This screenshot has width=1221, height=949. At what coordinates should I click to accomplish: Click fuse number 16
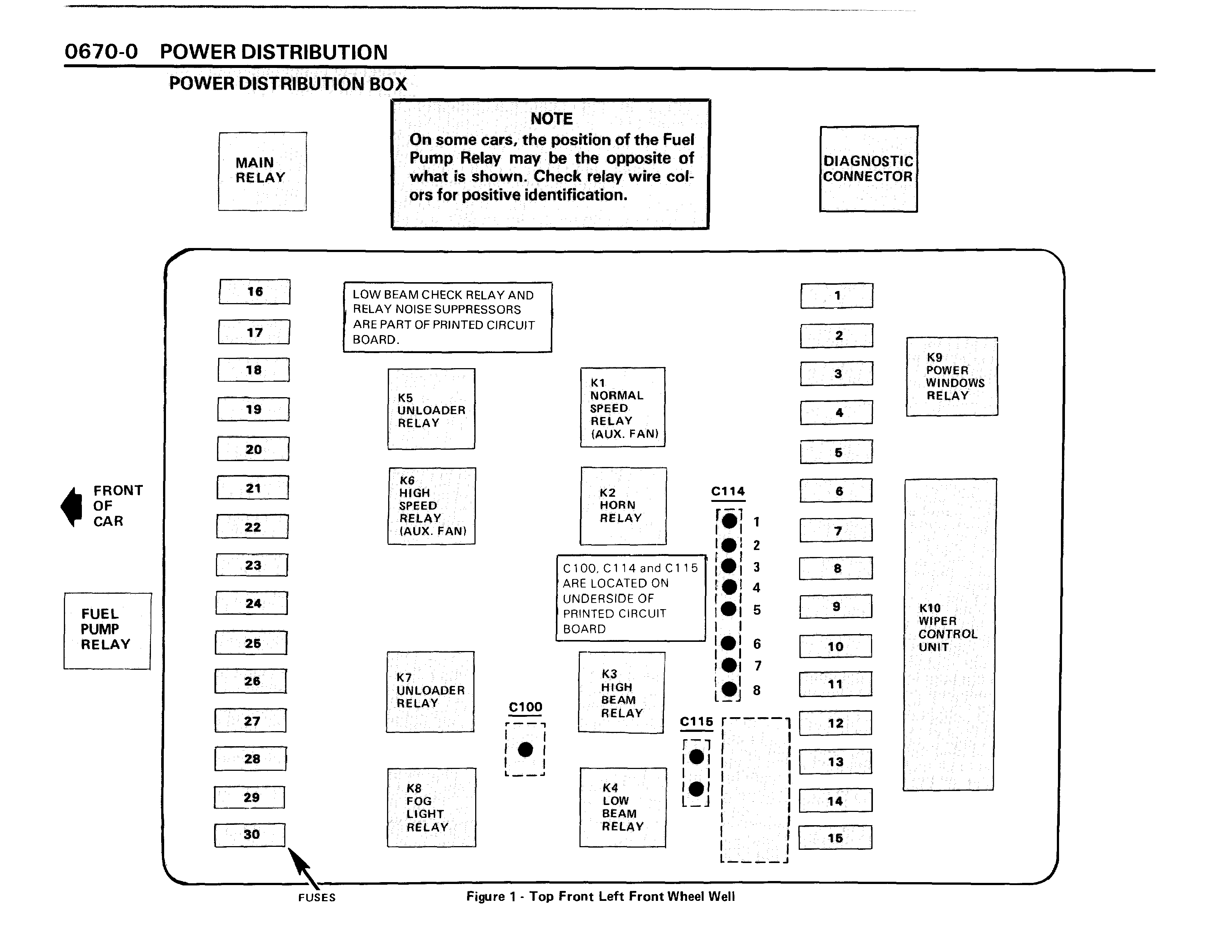254,291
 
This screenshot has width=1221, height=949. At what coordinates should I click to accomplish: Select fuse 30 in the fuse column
250,834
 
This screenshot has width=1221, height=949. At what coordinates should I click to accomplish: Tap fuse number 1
837,295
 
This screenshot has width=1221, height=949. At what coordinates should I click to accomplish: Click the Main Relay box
262,171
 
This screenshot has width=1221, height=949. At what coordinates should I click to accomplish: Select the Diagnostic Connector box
868,169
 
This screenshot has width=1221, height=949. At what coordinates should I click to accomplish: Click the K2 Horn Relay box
623,506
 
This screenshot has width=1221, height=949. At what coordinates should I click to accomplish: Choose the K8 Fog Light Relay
431,807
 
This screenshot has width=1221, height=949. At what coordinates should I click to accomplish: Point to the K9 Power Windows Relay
951,376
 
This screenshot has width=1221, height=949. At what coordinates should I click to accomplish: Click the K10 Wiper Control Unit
949,634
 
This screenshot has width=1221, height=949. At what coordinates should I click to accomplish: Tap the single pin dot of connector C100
525,750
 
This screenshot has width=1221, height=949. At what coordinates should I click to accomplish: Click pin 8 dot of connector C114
729,689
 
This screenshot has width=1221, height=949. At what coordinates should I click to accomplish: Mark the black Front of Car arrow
72,506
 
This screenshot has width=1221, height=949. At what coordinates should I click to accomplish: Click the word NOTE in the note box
551,119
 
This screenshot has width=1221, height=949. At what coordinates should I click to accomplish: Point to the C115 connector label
696,722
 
